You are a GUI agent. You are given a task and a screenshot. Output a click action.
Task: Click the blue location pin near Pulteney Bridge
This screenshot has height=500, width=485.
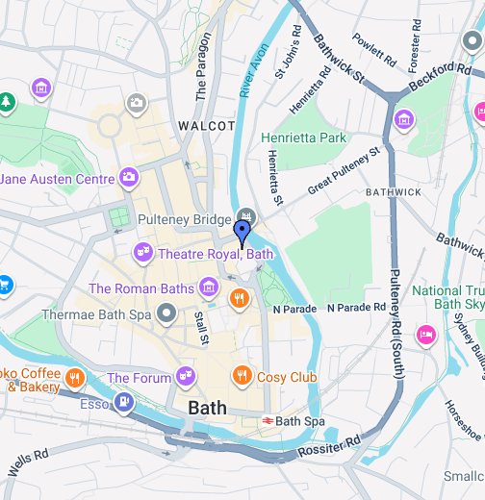(242, 233)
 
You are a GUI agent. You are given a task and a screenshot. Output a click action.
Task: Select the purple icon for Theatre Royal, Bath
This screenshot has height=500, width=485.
(142, 254)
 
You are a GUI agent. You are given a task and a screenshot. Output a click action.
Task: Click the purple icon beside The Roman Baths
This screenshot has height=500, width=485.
(207, 287)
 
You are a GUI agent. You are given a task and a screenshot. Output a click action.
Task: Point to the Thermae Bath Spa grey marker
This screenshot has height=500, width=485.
(166, 313)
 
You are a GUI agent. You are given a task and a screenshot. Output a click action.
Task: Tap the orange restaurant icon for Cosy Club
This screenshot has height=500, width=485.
(242, 377)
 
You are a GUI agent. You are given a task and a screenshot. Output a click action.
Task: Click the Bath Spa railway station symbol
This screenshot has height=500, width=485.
(268, 421)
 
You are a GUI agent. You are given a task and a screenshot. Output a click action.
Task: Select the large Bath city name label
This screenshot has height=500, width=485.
(208, 408)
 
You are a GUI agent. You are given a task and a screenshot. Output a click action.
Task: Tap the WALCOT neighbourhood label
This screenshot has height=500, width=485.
(207, 126)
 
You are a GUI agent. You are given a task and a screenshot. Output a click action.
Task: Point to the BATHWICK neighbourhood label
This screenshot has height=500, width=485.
(393, 192)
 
